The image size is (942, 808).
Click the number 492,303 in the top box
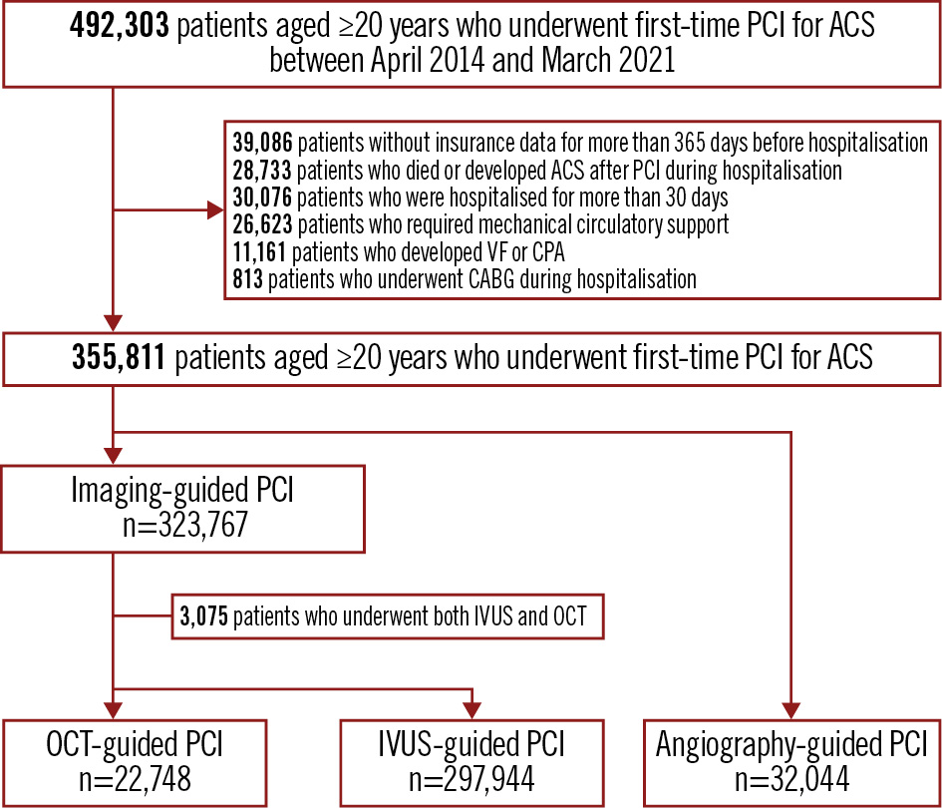click(x=120, y=26)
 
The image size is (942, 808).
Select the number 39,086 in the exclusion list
click(x=262, y=143)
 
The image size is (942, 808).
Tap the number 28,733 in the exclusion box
click(x=262, y=171)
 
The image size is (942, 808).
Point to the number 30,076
click(x=262, y=198)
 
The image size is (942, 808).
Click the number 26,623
click(x=262, y=224)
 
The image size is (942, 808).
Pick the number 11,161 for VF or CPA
click(x=259, y=252)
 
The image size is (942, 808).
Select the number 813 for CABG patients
click(x=248, y=279)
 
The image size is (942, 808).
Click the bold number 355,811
click(x=119, y=358)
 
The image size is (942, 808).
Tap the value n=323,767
click(x=185, y=525)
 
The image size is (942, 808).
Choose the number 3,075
click(x=204, y=616)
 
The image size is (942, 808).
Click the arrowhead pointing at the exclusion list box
click(x=215, y=210)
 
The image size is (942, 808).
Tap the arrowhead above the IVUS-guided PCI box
click(x=472, y=710)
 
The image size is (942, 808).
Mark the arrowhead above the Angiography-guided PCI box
click(x=791, y=710)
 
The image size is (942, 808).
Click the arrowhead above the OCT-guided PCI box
click(x=113, y=710)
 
